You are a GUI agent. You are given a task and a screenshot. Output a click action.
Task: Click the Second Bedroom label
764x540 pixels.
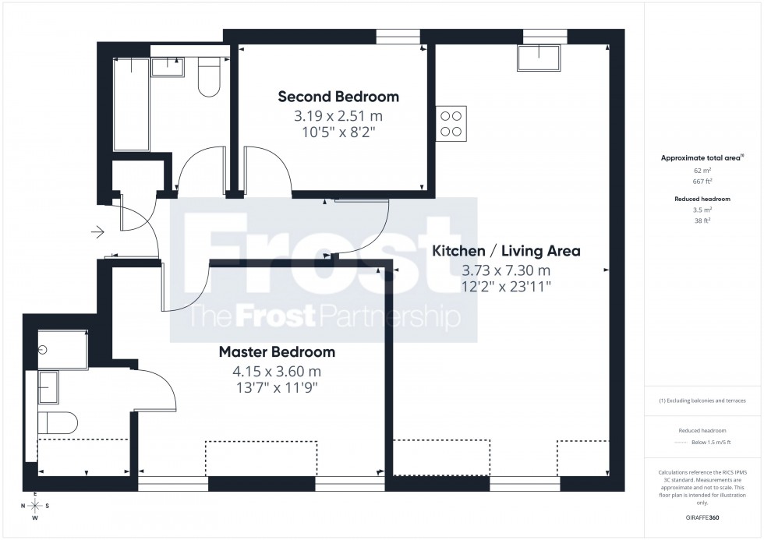click(x=338, y=97)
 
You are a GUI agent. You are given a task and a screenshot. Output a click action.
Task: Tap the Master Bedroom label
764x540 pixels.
click(x=277, y=352)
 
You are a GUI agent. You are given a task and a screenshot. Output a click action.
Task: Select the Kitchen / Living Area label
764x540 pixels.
click(x=506, y=251)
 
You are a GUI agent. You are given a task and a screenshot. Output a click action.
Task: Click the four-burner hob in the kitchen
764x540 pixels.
click(x=451, y=122)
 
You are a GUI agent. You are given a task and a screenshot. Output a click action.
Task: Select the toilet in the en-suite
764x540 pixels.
click(x=58, y=422)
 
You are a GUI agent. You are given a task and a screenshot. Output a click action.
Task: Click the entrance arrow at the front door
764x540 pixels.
click(x=97, y=231)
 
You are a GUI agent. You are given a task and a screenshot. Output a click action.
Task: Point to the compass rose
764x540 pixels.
click(x=35, y=506)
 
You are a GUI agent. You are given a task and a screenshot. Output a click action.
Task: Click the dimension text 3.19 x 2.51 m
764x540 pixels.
click(x=338, y=116)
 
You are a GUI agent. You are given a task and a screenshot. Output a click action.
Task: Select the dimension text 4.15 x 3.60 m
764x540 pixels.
click(x=277, y=372)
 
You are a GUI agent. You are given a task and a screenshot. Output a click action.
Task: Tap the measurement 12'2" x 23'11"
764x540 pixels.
click(x=506, y=286)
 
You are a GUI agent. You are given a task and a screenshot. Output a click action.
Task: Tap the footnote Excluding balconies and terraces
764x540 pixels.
click(x=702, y=401)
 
